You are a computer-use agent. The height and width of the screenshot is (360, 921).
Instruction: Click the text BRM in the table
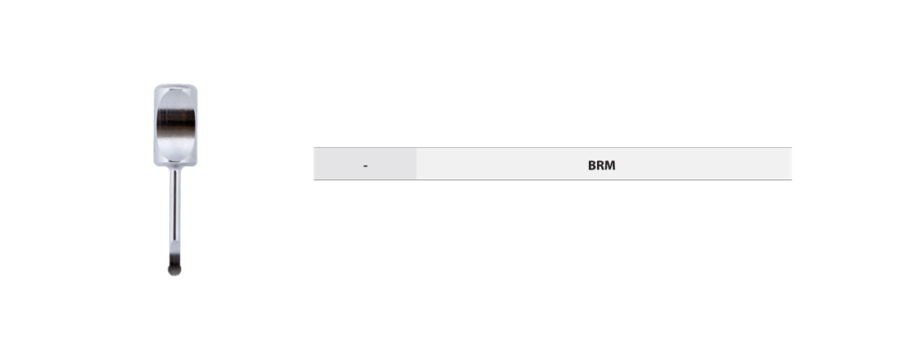point(601,165)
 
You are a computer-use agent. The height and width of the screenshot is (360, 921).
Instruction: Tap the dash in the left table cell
point(365,166)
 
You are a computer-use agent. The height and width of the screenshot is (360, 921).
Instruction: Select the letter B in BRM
point(592,165)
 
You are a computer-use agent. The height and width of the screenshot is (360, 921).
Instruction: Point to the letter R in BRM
point(600,165)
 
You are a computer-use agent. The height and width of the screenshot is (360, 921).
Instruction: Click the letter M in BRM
point(610,165)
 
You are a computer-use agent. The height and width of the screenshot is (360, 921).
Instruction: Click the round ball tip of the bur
point(174,270)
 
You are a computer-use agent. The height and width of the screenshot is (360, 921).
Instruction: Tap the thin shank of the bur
point(175,211)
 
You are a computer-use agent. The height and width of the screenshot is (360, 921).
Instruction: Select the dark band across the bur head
point(176,122)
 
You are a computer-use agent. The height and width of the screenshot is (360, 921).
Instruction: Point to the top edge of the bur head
point(176,85)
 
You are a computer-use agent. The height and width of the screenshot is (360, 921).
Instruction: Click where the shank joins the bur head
point(175,167)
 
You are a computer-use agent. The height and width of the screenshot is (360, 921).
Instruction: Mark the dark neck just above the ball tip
point(174,259)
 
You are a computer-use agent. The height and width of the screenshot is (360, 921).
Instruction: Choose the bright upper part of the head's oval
point(176,99)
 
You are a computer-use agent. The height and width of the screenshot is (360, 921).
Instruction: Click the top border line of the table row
point(553,147)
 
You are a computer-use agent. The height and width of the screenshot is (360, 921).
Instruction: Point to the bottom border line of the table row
point(553,180)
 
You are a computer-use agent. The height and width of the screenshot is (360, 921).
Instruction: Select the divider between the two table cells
point(416,164)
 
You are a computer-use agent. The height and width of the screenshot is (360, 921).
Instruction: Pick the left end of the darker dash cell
point(314,164)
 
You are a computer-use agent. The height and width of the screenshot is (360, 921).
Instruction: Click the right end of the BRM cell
point(791,164)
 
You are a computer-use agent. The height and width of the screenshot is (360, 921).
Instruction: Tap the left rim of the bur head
point(155,125)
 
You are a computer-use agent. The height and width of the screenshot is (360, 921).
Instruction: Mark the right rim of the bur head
point(196,125)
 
